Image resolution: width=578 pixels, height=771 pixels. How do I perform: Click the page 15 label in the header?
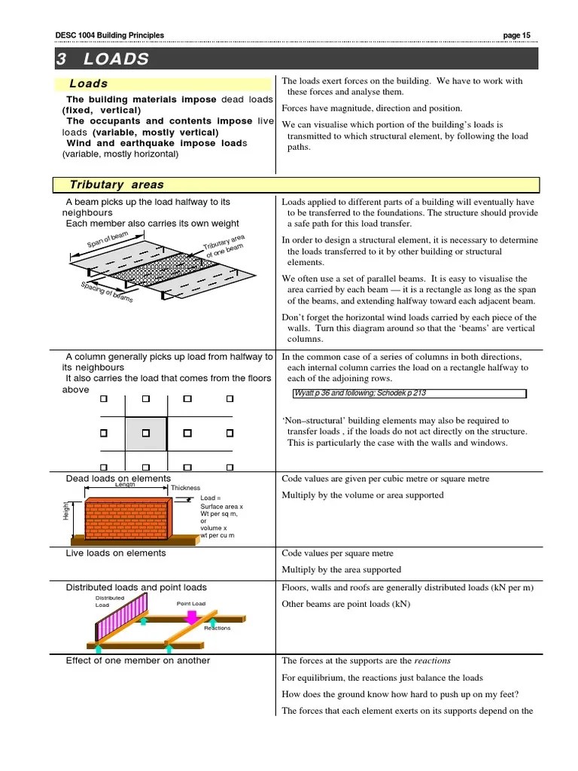[x=516, y=35]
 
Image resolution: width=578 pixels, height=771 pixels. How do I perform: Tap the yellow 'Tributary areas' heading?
[x=117, y=184]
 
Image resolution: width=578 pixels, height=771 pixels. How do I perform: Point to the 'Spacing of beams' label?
[x=107, y=291]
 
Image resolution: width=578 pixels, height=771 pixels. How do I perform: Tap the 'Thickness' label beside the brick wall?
[x=185, y=488]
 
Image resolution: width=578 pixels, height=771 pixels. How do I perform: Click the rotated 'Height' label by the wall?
[x=65, y=512]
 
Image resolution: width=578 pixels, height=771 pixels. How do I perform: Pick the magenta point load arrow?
[x=192, y=617]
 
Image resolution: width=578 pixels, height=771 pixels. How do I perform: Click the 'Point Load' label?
[x=191, y=604]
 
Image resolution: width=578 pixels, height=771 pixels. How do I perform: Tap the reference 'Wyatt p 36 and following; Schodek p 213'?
[x=360, y=393]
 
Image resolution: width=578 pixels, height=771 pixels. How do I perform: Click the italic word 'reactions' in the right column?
[x=432, y=660]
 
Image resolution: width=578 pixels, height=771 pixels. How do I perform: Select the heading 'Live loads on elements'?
[x=116, y=553]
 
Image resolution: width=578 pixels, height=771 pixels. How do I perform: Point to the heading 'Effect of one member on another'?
[x=138, y=660]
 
